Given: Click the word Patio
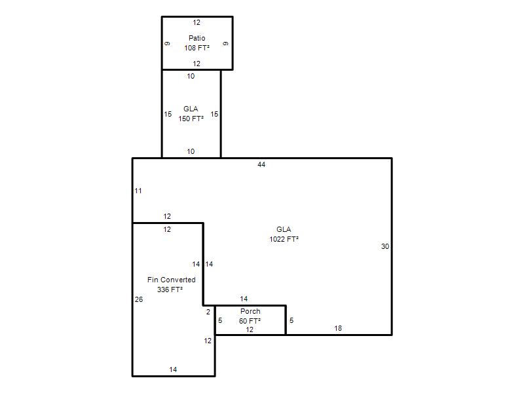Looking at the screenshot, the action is click(197, 38).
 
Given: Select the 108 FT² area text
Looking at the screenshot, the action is click(197, 48).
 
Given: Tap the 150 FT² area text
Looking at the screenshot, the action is click(191, 119).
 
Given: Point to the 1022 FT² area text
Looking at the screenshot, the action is click(284, 239).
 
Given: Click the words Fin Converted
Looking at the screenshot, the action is click(172, 280).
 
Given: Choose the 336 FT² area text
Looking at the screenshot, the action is click(170, 290).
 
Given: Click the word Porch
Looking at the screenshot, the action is click(250, 311).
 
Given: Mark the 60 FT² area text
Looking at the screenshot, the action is click(250, 321).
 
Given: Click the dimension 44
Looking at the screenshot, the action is click(261, 164).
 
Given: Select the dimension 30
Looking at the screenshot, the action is click(385, 246).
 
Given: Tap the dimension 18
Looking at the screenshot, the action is click(338, 328).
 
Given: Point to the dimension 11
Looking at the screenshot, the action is click(138, 191).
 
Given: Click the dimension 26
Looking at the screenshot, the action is click(139, 299).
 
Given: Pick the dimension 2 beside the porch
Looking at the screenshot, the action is click(208, 312).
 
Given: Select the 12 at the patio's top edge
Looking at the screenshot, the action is click(196, 22).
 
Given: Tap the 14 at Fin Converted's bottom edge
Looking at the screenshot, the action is click(173, 369).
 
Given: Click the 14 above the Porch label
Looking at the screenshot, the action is click(244, 299).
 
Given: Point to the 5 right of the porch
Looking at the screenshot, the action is click(291, 320).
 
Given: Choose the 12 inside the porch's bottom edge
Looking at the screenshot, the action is click(250, 329).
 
